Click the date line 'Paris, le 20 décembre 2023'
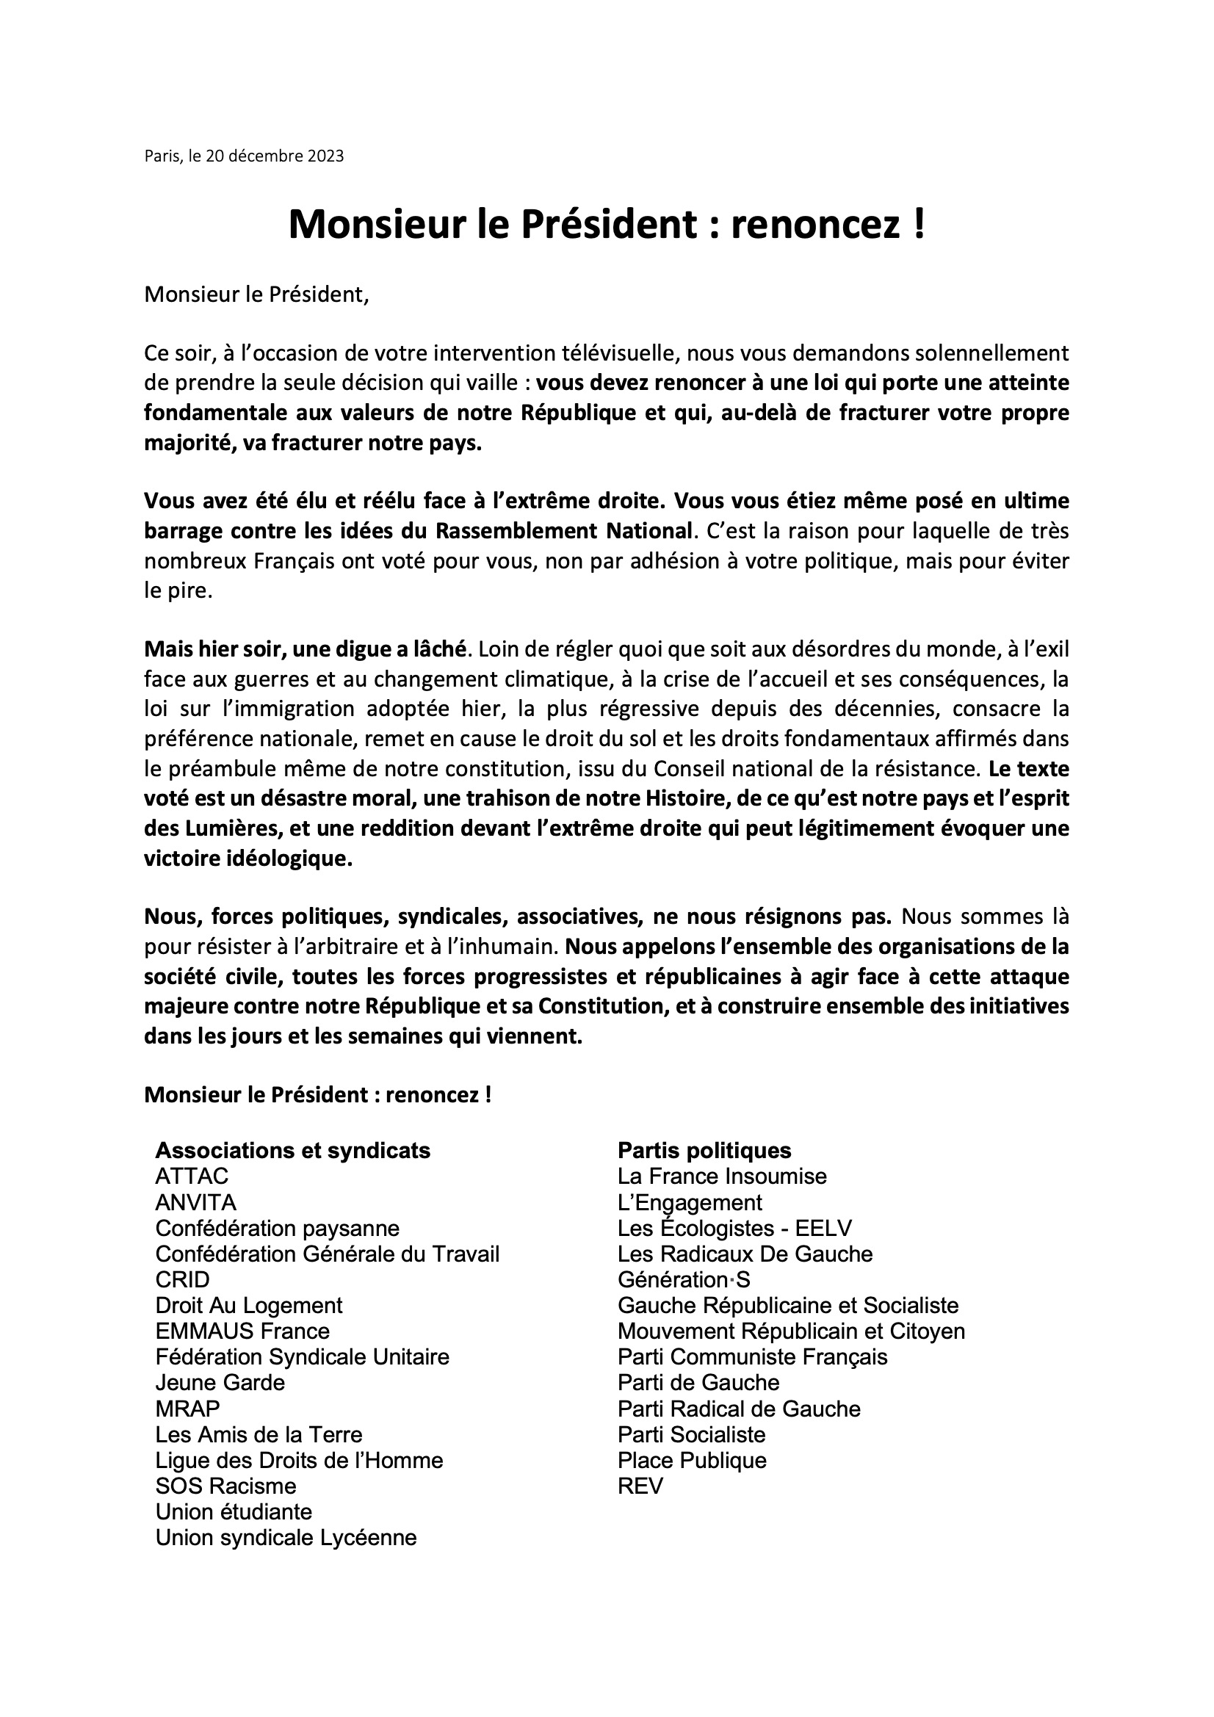pyautogui.click(x=244, y=156)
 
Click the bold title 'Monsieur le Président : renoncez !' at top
pyautogui.click(x=607, y=223)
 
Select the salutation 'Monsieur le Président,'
pyautogui.click(x=256, y=294)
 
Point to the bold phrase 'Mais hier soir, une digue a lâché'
pyautogui.click(x=306, y=649)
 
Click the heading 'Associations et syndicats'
pyautogui.click(x=292, y=1150)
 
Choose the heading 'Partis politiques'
pyautogui.click(x=704, y=1150)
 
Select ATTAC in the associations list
pyautogui.click(x=192, y=1176)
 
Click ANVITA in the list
pyautogui.click(x=195, y=1202)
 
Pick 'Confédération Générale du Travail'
pyautogui.click(x=327, y=1254)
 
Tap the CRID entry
pyautogui.click(x=183, y=1279)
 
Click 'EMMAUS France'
pyautogui.click(x=242, y=1331)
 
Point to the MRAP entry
pyautogui.click(x=188, y=1409)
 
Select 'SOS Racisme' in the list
pyautogui.click(x=226, y=1486)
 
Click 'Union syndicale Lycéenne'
pyautogui.click(x=286, y=1538)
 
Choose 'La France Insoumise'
pyautogui.click(x=722, y=1176)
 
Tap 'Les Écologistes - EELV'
pyautogui.click(x=734, y=1229)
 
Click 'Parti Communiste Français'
pyautogui.click(x=753, y=1357)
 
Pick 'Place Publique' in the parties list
pyautogui.click(x=692, y=1461)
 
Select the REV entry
pyautogui.click(x=640, y=1486)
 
